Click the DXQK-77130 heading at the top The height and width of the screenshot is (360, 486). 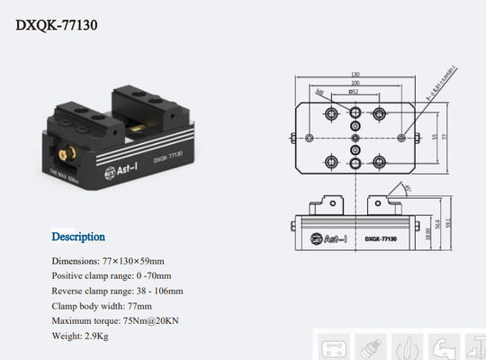(57, 24)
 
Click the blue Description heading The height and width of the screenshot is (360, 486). (78, 238)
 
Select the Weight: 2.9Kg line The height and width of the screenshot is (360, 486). (79, 336)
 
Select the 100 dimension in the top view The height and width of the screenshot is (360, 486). (356, 84)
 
